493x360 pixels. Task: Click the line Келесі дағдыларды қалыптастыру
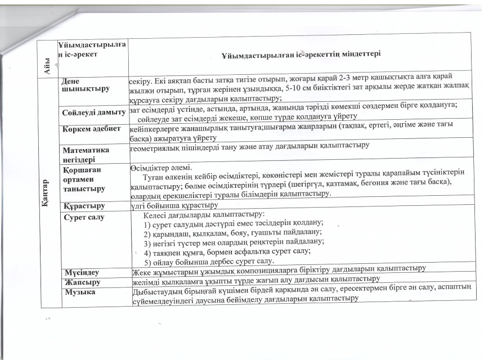(x=204, y=215)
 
